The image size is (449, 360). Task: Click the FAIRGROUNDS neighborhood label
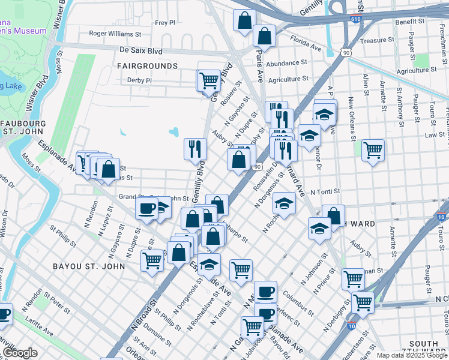[147, 65]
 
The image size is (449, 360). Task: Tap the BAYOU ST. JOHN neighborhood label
[89, 266]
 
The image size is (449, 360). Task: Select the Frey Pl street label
[164, 23]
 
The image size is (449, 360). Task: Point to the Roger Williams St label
[115, 34]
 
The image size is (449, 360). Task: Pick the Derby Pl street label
[140, 80]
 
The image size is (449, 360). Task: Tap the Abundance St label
[287, 63]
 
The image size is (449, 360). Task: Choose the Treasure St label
[376, 40]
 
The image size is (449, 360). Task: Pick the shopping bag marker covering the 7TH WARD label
[333, 216]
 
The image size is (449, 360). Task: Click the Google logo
[20, 353]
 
